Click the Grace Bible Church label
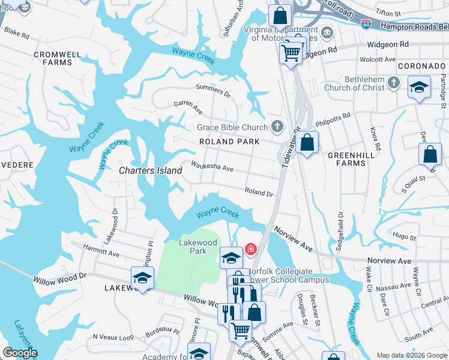pos(232,127)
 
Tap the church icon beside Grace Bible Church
pos(277,126)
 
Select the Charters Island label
pos(150,170)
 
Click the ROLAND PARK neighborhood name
pos(230,142)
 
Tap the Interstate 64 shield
pos(366,23)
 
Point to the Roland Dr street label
pos(259,193)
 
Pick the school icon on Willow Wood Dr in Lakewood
pos(142,278)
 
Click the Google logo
pos(20,353)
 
